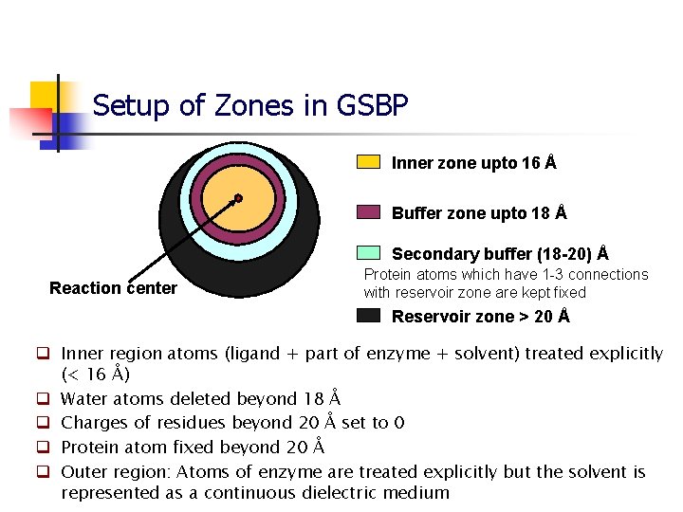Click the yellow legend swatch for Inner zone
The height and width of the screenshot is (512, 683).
pos(368,162)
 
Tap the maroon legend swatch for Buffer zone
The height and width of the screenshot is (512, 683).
pos(368,211)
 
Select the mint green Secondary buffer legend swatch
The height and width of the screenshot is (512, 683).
pos(368,252)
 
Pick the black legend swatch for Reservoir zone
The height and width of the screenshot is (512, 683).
pos(368,316)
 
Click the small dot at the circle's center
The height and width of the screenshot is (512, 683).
pos(238,198)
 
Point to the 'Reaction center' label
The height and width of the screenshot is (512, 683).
pos(113,288)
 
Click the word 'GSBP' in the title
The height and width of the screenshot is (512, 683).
pos(372,105)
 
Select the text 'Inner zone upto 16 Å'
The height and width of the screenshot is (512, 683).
pos(473,163)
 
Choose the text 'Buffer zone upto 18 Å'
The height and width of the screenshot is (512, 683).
pos(479,212)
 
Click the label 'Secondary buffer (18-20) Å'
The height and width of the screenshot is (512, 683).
pos(500,253)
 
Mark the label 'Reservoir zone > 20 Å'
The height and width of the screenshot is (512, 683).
pos(481,317)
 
